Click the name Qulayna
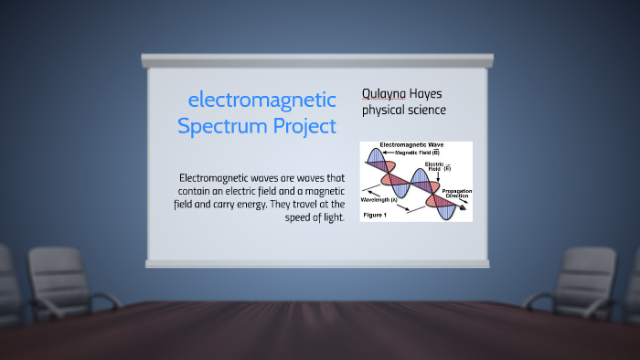pos(384,94)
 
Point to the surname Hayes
pos(427,94)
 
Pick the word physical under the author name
pos(384,111)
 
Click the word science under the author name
pos(427,111)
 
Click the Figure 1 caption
pos(375,214)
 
